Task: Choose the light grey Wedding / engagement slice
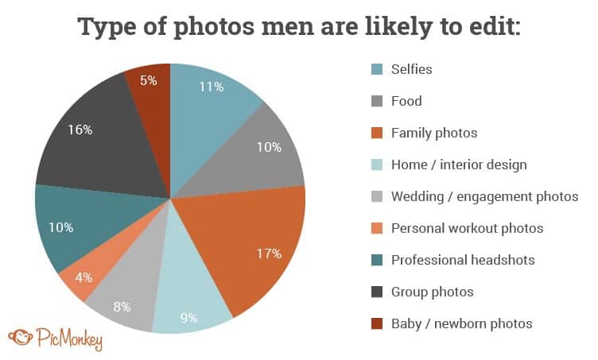pyautogui.click(x=123, y=298)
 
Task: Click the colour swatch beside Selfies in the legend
pyautogui.click(x=377, y=69)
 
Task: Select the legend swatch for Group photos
pyautogui.click(x=377, y=292)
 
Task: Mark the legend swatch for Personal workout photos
pyautogui.click(x=377, y=228)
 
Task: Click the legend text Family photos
pyautogui.click(x=433, y=133)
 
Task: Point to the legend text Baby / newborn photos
pyautogui.click(x=461, y=323)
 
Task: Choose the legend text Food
pyautogui.click(x=406, y=101)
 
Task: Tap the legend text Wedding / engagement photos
pyautogui.click(x=484, y=196)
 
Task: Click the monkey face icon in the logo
pyautogui.click(x=18, y=336)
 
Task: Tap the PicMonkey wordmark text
pyautogui.click(x=69, y=338)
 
